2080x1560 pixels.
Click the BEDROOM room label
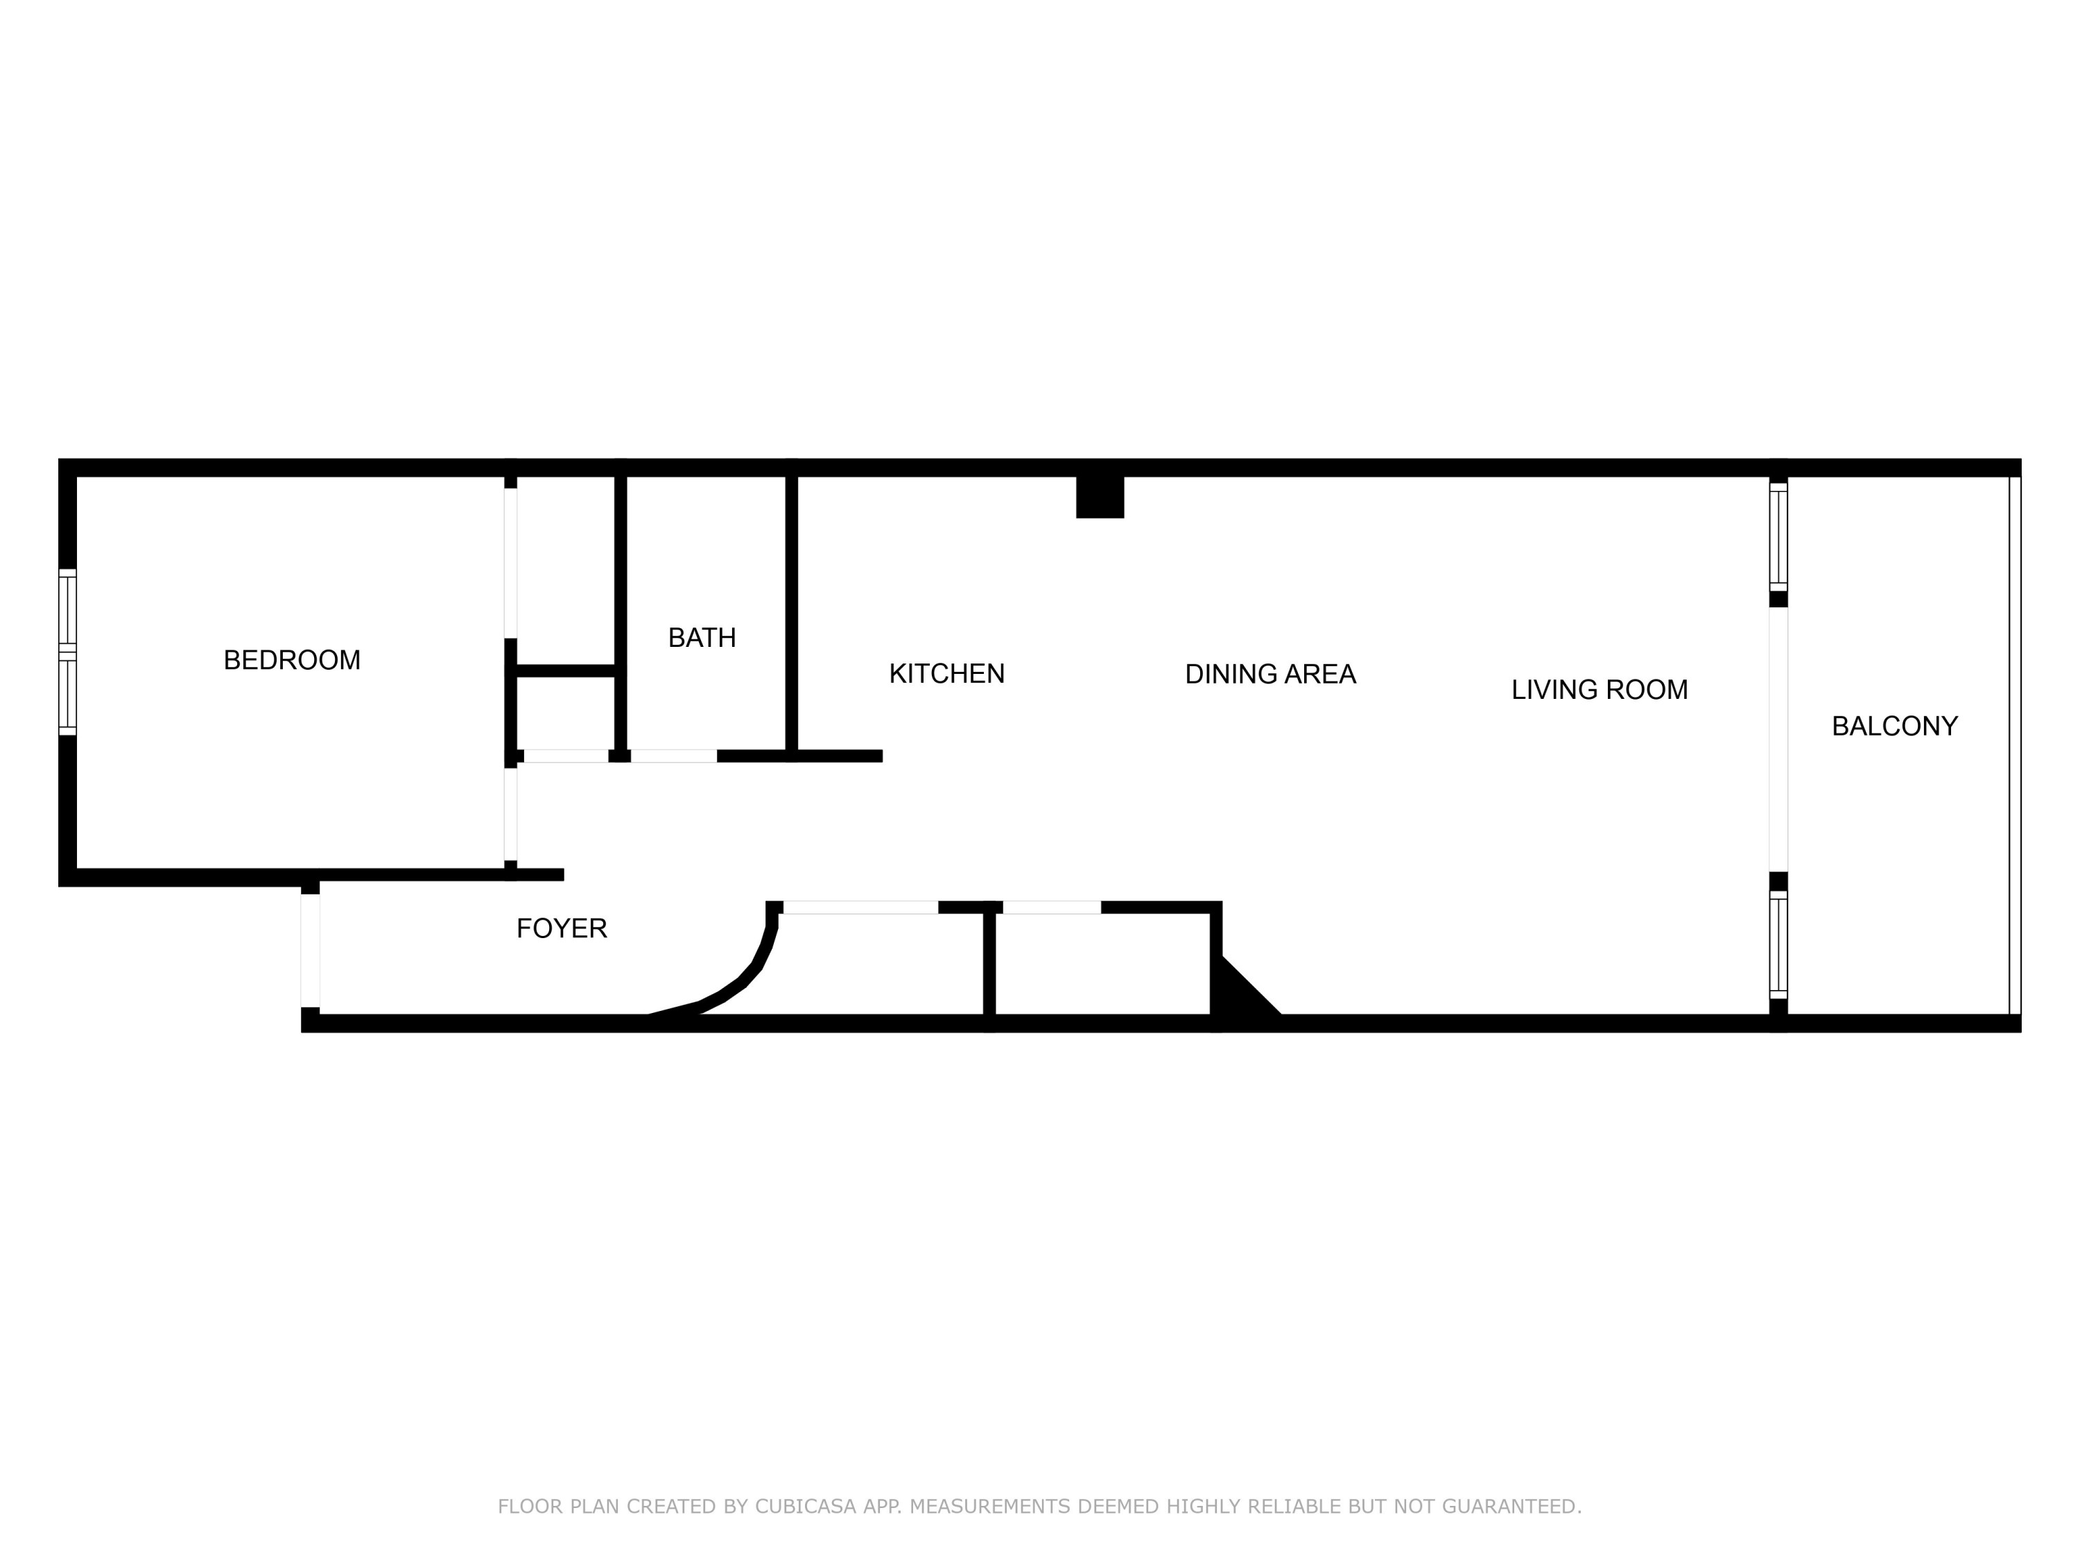tap(291, 660)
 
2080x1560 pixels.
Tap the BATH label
tap(702, 638)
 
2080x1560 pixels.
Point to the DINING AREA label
tap(1269, 674)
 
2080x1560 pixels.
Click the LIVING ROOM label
tap(1599, 690)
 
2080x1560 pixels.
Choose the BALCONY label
tap(1893, 726)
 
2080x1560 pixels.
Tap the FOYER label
tap(562, 929)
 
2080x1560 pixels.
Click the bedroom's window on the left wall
tap(67, 652)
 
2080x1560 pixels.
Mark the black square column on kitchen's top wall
tap(1099, 496)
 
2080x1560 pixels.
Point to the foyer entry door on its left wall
tap(311, 951)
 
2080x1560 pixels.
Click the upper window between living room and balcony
tap(1777, 536)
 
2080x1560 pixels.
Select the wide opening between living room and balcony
tap(1777, 739)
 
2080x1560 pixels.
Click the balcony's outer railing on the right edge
tap(2013, 745)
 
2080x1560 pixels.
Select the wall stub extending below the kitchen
tap(836, 756)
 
